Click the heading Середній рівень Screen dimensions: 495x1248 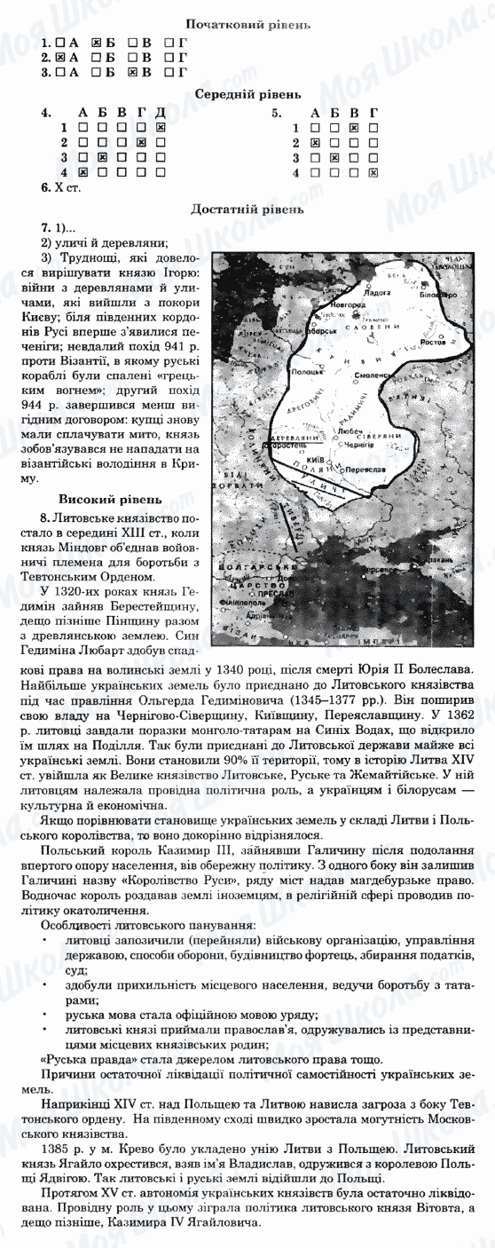(x=247, y=93)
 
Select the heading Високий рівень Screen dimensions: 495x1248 (x=96, y=498)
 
